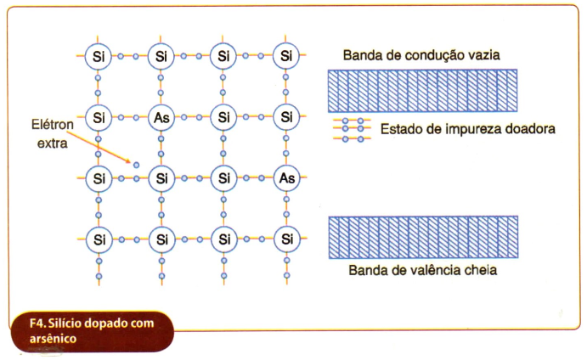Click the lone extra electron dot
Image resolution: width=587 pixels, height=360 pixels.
coord(136,165)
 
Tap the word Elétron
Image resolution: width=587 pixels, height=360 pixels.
coord(53,124)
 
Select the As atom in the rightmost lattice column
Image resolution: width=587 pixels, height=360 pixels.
coord(287,178)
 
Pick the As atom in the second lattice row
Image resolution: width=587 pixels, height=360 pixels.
coord(161,117)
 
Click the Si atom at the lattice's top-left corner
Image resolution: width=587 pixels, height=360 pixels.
coord(99,56)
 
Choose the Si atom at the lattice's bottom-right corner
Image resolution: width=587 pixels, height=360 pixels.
coord(287,239)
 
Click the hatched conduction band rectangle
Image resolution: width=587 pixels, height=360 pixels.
coord(423,91)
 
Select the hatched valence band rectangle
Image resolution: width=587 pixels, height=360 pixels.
coord(423,237)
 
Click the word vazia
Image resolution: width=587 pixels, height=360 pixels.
coord(483,55)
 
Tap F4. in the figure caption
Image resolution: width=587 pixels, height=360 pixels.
coord(37,323)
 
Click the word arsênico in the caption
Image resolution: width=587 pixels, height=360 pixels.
coord(53,339)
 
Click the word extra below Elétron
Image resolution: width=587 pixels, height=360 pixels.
coord(53,143)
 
